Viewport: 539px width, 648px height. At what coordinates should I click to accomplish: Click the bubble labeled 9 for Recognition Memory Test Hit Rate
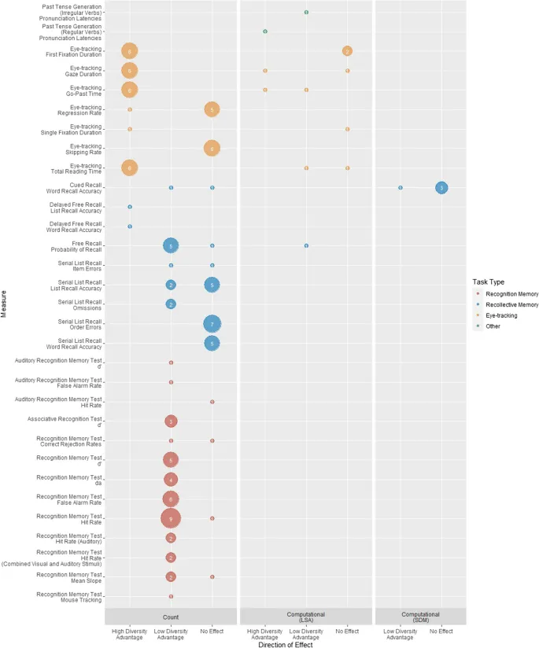(x=171, y=518)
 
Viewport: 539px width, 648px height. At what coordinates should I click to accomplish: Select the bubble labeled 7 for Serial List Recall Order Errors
(x=212, y=324)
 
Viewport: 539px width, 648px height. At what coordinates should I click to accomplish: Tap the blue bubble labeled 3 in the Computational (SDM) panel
(x=441, y=188)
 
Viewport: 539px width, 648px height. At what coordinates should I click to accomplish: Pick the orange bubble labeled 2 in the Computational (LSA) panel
(x=347, y=51)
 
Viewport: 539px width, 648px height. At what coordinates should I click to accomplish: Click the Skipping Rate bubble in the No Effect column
(x=212, y=148)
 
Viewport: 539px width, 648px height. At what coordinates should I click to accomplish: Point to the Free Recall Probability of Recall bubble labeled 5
(x=171, y=246)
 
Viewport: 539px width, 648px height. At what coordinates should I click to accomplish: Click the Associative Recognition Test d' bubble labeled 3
(x=171, y=422)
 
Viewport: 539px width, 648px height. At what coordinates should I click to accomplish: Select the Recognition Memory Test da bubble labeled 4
(x=171, y=480)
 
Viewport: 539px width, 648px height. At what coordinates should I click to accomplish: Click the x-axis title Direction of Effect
(x=285, y=644)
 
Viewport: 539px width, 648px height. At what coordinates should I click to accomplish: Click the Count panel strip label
(x=171, y=617)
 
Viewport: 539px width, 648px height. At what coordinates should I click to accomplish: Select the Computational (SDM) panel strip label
(x=420, y=617)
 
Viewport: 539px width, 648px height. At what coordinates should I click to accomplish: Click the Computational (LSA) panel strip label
(x=306, y=617)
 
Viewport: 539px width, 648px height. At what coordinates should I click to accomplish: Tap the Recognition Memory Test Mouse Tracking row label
(x=69, y=596)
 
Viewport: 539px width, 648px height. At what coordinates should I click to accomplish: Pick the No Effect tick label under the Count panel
(x=212, y=631)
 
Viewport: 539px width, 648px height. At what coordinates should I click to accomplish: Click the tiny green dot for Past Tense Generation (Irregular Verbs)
(x=306, y=13)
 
